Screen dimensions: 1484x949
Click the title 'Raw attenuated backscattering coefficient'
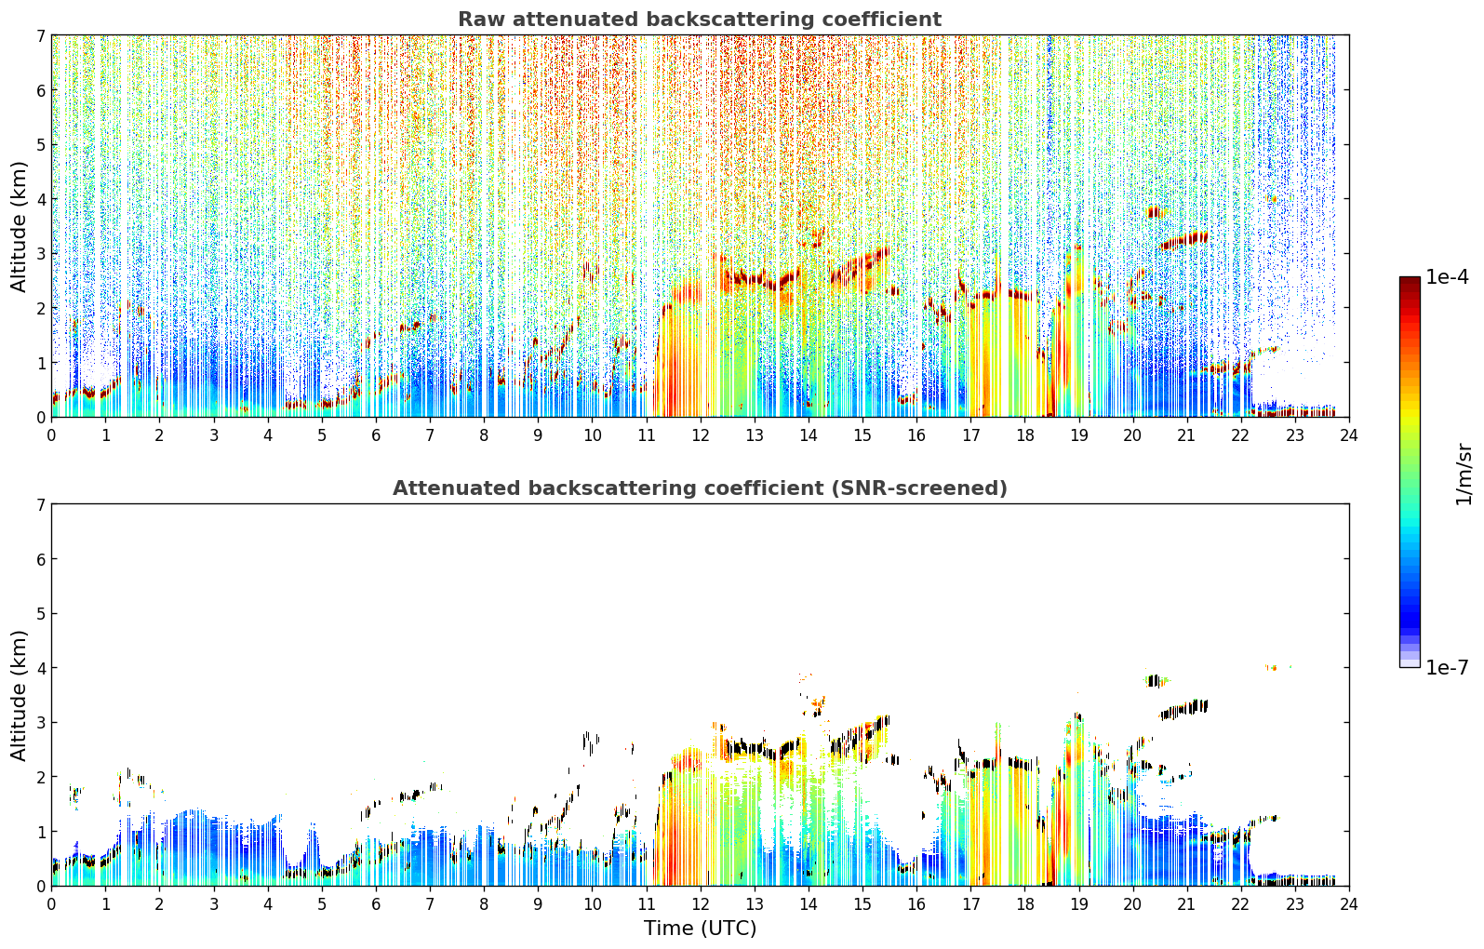tap(700, 20)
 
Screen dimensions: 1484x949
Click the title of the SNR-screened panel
tap(700, 488)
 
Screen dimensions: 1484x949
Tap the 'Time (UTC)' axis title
tap(700, 929)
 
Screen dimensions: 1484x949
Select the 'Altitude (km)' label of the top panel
tap(19, 227)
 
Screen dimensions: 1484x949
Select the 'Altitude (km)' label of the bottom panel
tap(19, 696)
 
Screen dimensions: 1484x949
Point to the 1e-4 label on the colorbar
tap(1447, 277)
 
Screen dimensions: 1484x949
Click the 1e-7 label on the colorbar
tap(1447, 667)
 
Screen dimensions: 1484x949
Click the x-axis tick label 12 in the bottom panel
tap(701, 904)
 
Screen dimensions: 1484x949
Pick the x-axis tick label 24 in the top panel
tap(1349, 435)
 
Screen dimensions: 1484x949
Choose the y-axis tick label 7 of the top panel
tap(40, 35)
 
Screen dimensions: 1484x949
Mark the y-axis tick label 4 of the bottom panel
tap(40, 668)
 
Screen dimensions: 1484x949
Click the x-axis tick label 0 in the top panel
tap(52, 435)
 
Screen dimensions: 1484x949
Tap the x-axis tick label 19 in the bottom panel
tap(1078, 904)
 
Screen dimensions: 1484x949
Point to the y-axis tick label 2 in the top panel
tap(40, 308)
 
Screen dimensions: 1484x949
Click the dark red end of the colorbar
tap(1410, 280)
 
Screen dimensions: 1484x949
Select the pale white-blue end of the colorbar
tap(1410, 662)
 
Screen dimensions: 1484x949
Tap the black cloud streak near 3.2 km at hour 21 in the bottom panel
tap(1183, 709)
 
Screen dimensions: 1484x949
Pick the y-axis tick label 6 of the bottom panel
tap(40, 559)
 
